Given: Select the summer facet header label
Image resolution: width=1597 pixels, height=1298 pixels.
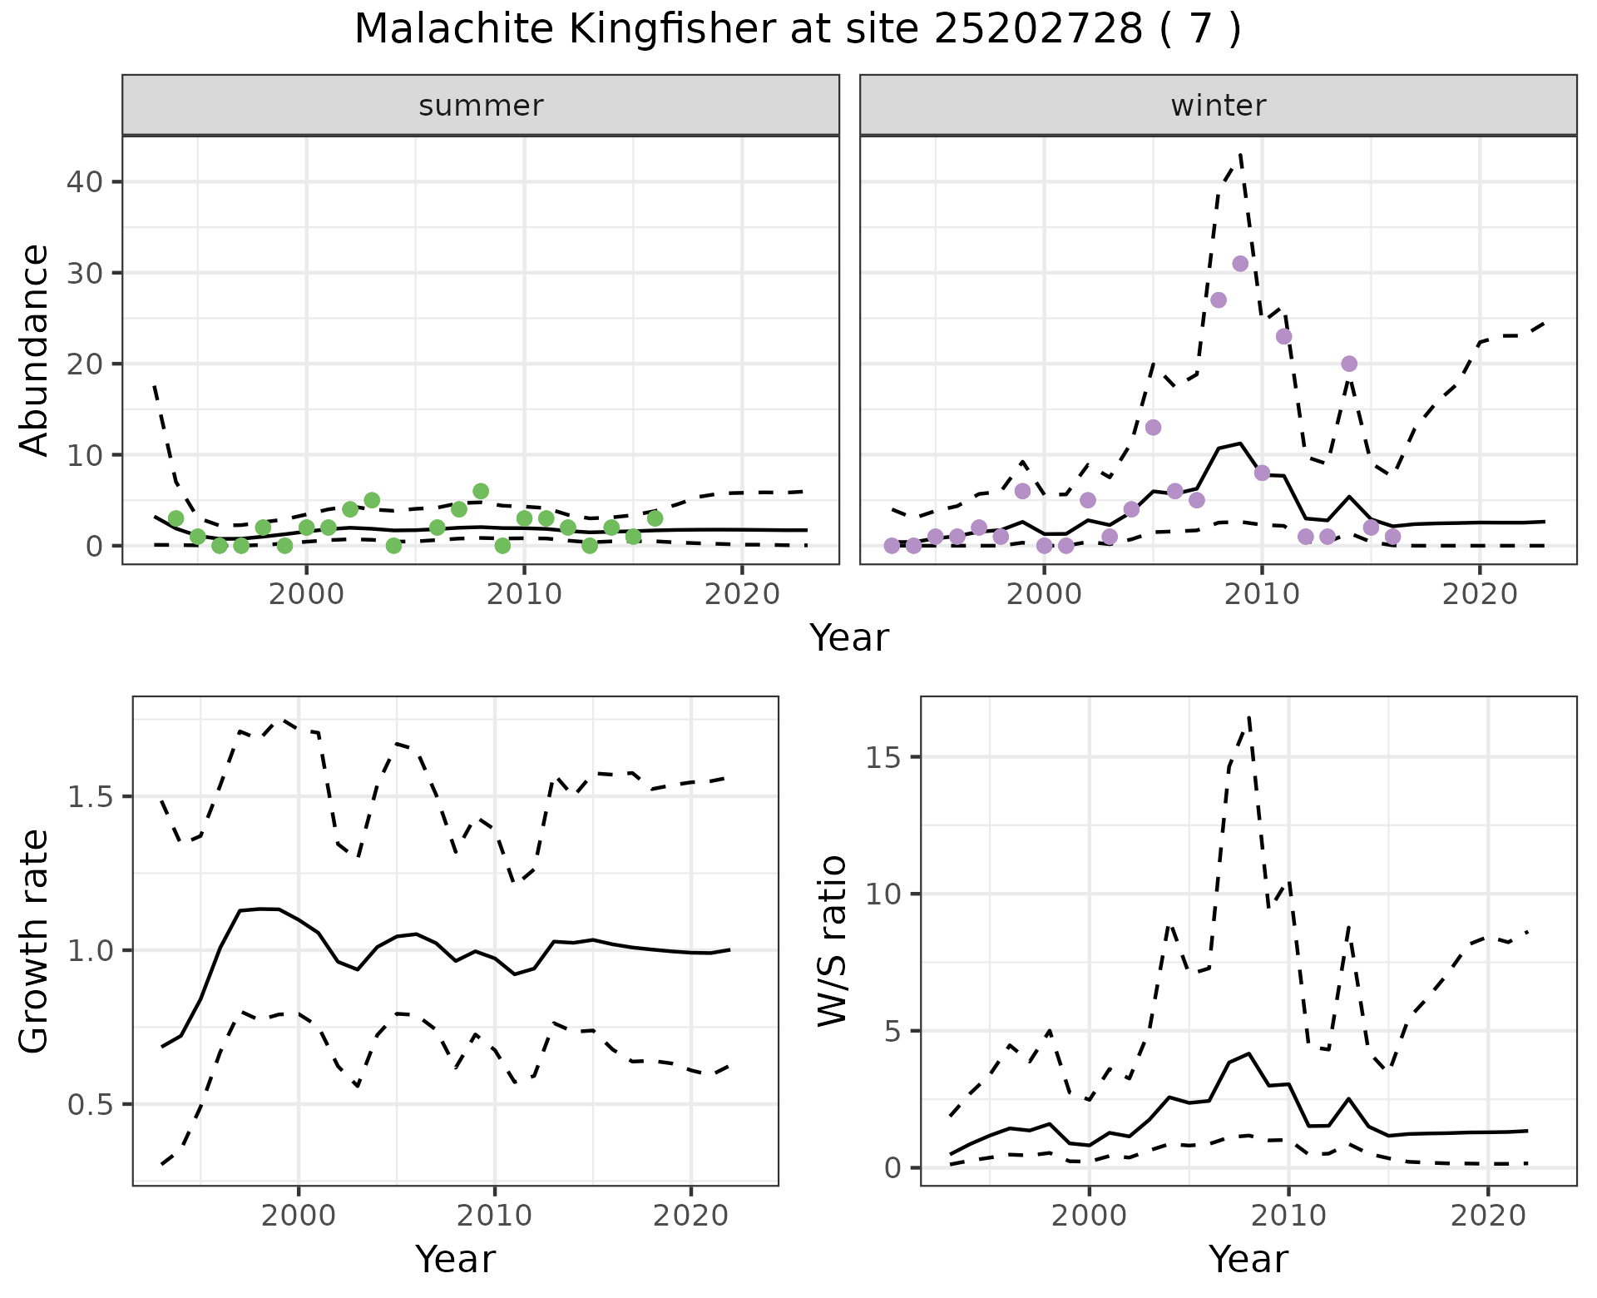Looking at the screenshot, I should [481, 106].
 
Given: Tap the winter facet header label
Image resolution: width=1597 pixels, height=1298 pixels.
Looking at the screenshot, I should [1218, 106].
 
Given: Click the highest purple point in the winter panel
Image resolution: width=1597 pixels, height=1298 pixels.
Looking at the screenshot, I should [1240, 264].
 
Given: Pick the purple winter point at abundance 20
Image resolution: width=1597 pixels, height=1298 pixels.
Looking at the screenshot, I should [1349, 364].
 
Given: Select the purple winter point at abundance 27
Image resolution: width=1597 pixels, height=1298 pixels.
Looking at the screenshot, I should [1219, 300].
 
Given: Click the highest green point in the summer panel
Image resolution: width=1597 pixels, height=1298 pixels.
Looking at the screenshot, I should [481, 491].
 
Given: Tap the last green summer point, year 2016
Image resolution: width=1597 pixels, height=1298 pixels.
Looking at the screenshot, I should [655, 518].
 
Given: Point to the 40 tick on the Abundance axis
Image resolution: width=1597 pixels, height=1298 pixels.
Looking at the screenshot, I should [82, 182].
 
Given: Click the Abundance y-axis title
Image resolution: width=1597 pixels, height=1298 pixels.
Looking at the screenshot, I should [35, 349].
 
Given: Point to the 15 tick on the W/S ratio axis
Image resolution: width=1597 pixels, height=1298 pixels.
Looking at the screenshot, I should [891, 757].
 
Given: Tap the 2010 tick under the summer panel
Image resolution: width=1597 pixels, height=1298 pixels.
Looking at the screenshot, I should [524, 595].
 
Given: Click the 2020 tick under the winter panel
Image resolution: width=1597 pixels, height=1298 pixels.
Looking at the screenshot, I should [1480, 595].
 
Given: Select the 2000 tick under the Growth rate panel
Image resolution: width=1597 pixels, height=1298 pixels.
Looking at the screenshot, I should [299, 1216].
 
